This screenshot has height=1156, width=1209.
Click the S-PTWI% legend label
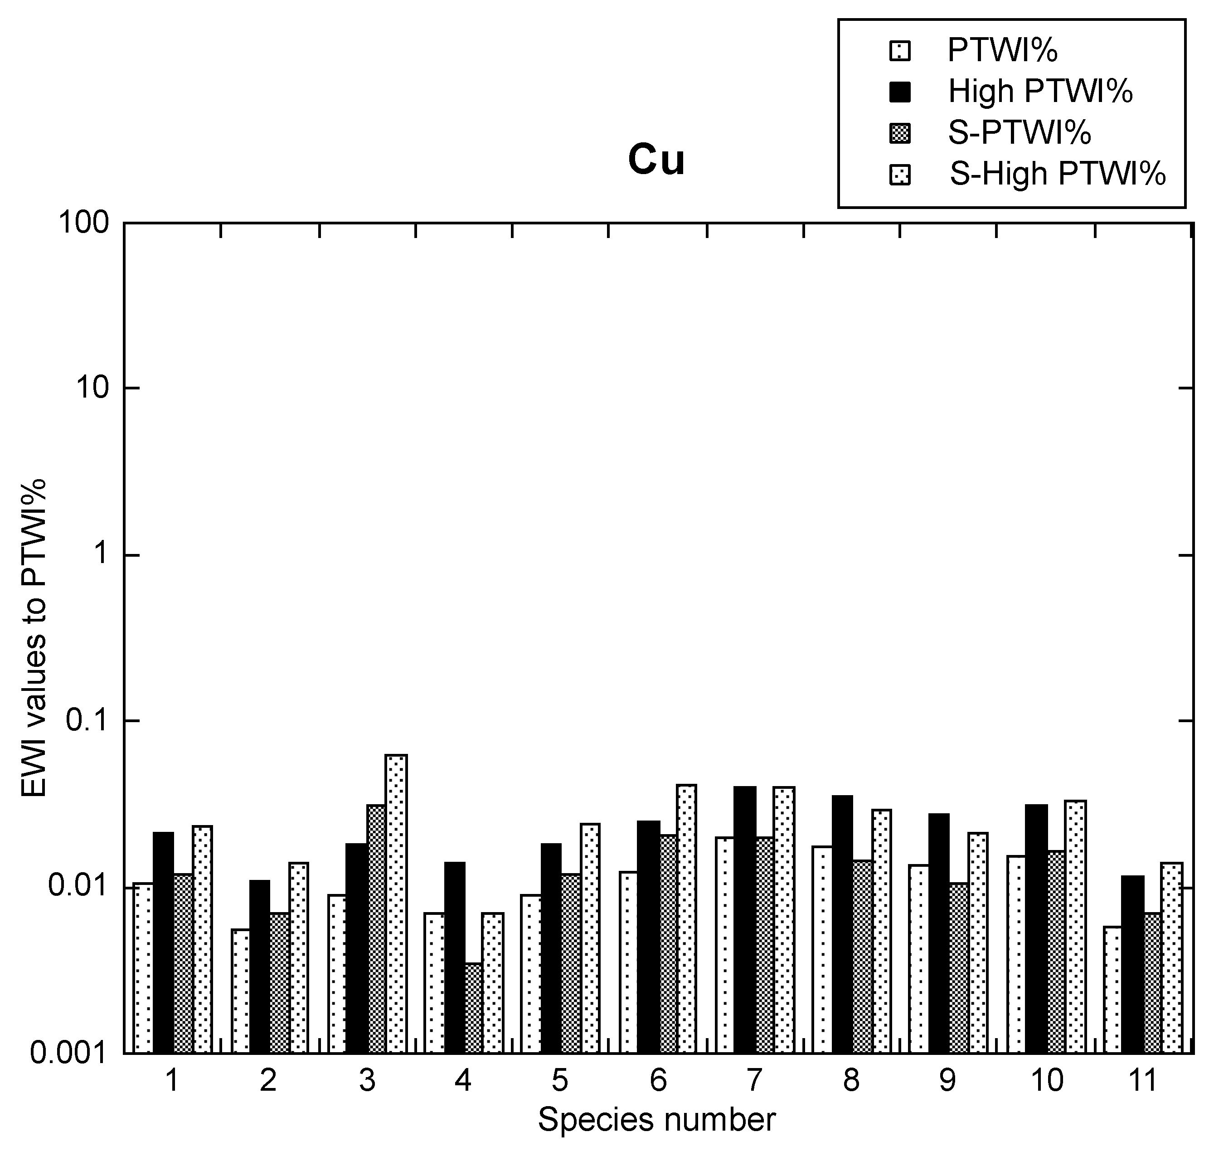[x=1019, y=132]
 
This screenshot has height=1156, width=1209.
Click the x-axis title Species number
[x=656, y=1120]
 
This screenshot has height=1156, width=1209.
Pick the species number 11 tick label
[x=1142, y=1081]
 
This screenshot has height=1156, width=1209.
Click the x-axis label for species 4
[x=463, y=1081]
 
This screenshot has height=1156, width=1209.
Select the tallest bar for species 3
[x=396, y=903]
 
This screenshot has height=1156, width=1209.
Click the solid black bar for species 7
[x=744, y=919]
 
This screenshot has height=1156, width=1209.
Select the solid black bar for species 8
[x=842, y=924]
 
